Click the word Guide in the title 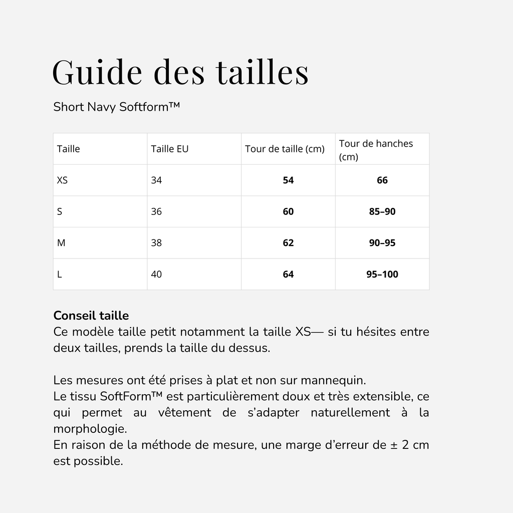(x=97, y=72)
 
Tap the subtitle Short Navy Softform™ (x=116, y=107)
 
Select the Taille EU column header (x=169, y=149)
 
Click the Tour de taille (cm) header (x=285, y=149)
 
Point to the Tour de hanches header (x=376, y=149)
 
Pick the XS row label (x=62, y=180)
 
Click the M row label (x=61, y=243)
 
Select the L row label (x=60, y=275)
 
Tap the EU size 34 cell (x=156, y=180)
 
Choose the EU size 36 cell (x=156, y=212)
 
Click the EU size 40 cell (x=156, y=275)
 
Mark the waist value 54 (x=288, y=180)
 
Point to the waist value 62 (x=288, y=243)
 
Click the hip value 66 (x=382, y=180)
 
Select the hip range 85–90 (x=382, y=212)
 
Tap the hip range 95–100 (x=382, y=275)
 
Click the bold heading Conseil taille (x=91, y=316)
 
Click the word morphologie (x=89, y=429)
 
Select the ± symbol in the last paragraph (x=394, y=445)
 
